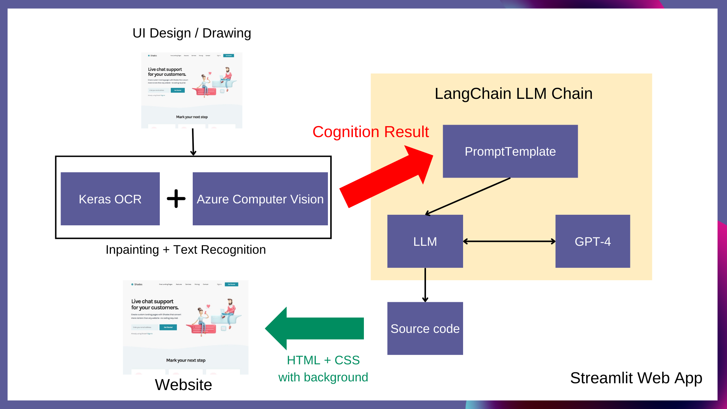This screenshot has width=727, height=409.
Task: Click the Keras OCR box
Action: (x=110, y=199)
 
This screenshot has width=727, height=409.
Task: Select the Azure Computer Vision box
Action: (x=260, y=199)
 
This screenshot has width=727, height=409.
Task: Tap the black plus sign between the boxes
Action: (x=176, y=199)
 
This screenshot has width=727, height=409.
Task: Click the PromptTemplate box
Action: (x=510, y=151)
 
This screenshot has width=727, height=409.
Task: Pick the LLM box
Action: (x=425, y=241)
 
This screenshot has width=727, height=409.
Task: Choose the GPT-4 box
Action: (x=593, y=241)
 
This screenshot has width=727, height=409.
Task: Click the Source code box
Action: (x=425, y=328)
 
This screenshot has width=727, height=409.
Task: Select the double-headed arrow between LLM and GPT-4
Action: (x=509, y=241)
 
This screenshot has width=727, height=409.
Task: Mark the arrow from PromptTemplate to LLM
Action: (x=468, y=196)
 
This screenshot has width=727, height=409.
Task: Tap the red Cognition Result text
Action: (x=370, y=132)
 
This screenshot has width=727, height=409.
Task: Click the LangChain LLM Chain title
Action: (x=513, y=94)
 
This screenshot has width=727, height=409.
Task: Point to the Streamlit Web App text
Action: (x=636, y=378)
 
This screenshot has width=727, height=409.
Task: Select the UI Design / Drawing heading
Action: (x=192, y=33)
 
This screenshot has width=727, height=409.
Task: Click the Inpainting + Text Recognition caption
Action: (x=186, y=250)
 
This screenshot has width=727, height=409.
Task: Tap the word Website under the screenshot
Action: (x=183, y=385)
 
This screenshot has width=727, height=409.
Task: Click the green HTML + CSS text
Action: (x=323, y=360)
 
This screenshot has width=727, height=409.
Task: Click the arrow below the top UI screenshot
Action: (x=193, y=142)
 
